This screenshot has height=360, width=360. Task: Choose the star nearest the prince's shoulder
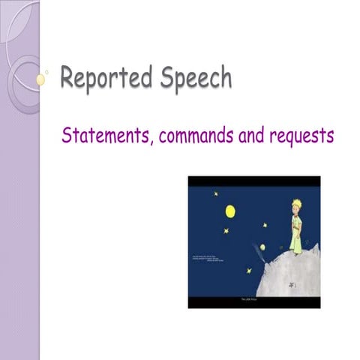(x=265, y=224)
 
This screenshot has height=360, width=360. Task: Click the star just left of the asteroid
(x=248, y=271)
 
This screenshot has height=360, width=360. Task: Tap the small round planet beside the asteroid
(x=262, y=247)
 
